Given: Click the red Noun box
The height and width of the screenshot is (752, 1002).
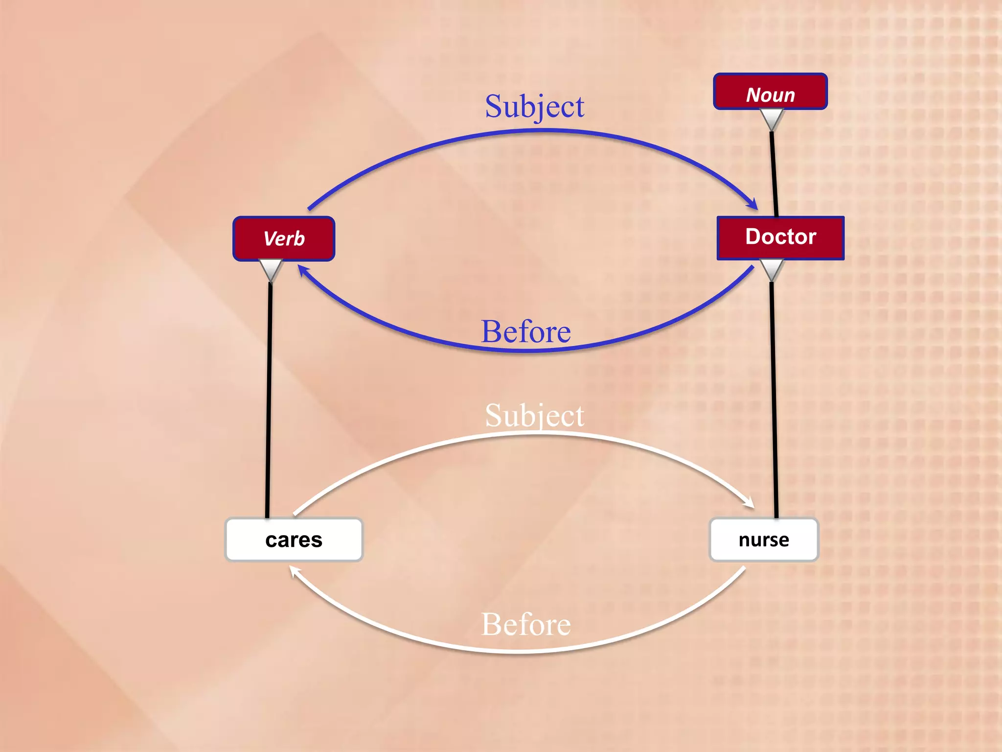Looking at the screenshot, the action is (x=770, y=92).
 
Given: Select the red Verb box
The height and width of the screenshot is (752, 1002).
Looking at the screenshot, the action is (x=284, y=238).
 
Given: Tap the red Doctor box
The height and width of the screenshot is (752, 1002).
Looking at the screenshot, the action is (x=780, y=237).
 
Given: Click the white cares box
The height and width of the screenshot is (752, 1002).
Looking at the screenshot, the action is (x=294, y=540).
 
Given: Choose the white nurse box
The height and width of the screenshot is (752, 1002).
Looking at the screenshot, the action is (x=763, y=540).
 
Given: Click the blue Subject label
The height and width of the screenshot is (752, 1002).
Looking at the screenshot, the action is (x=534, y=106).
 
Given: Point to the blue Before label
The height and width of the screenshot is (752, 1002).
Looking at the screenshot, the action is (x=526, y=331).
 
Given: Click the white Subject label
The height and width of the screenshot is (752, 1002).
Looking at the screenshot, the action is (x=534, y=416).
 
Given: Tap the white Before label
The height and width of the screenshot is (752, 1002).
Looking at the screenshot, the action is (x=526, y=624).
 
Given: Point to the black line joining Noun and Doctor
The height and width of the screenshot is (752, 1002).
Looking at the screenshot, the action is (x=774, y=171).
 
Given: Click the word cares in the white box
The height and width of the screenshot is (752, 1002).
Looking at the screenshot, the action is (x=294, y=540).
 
